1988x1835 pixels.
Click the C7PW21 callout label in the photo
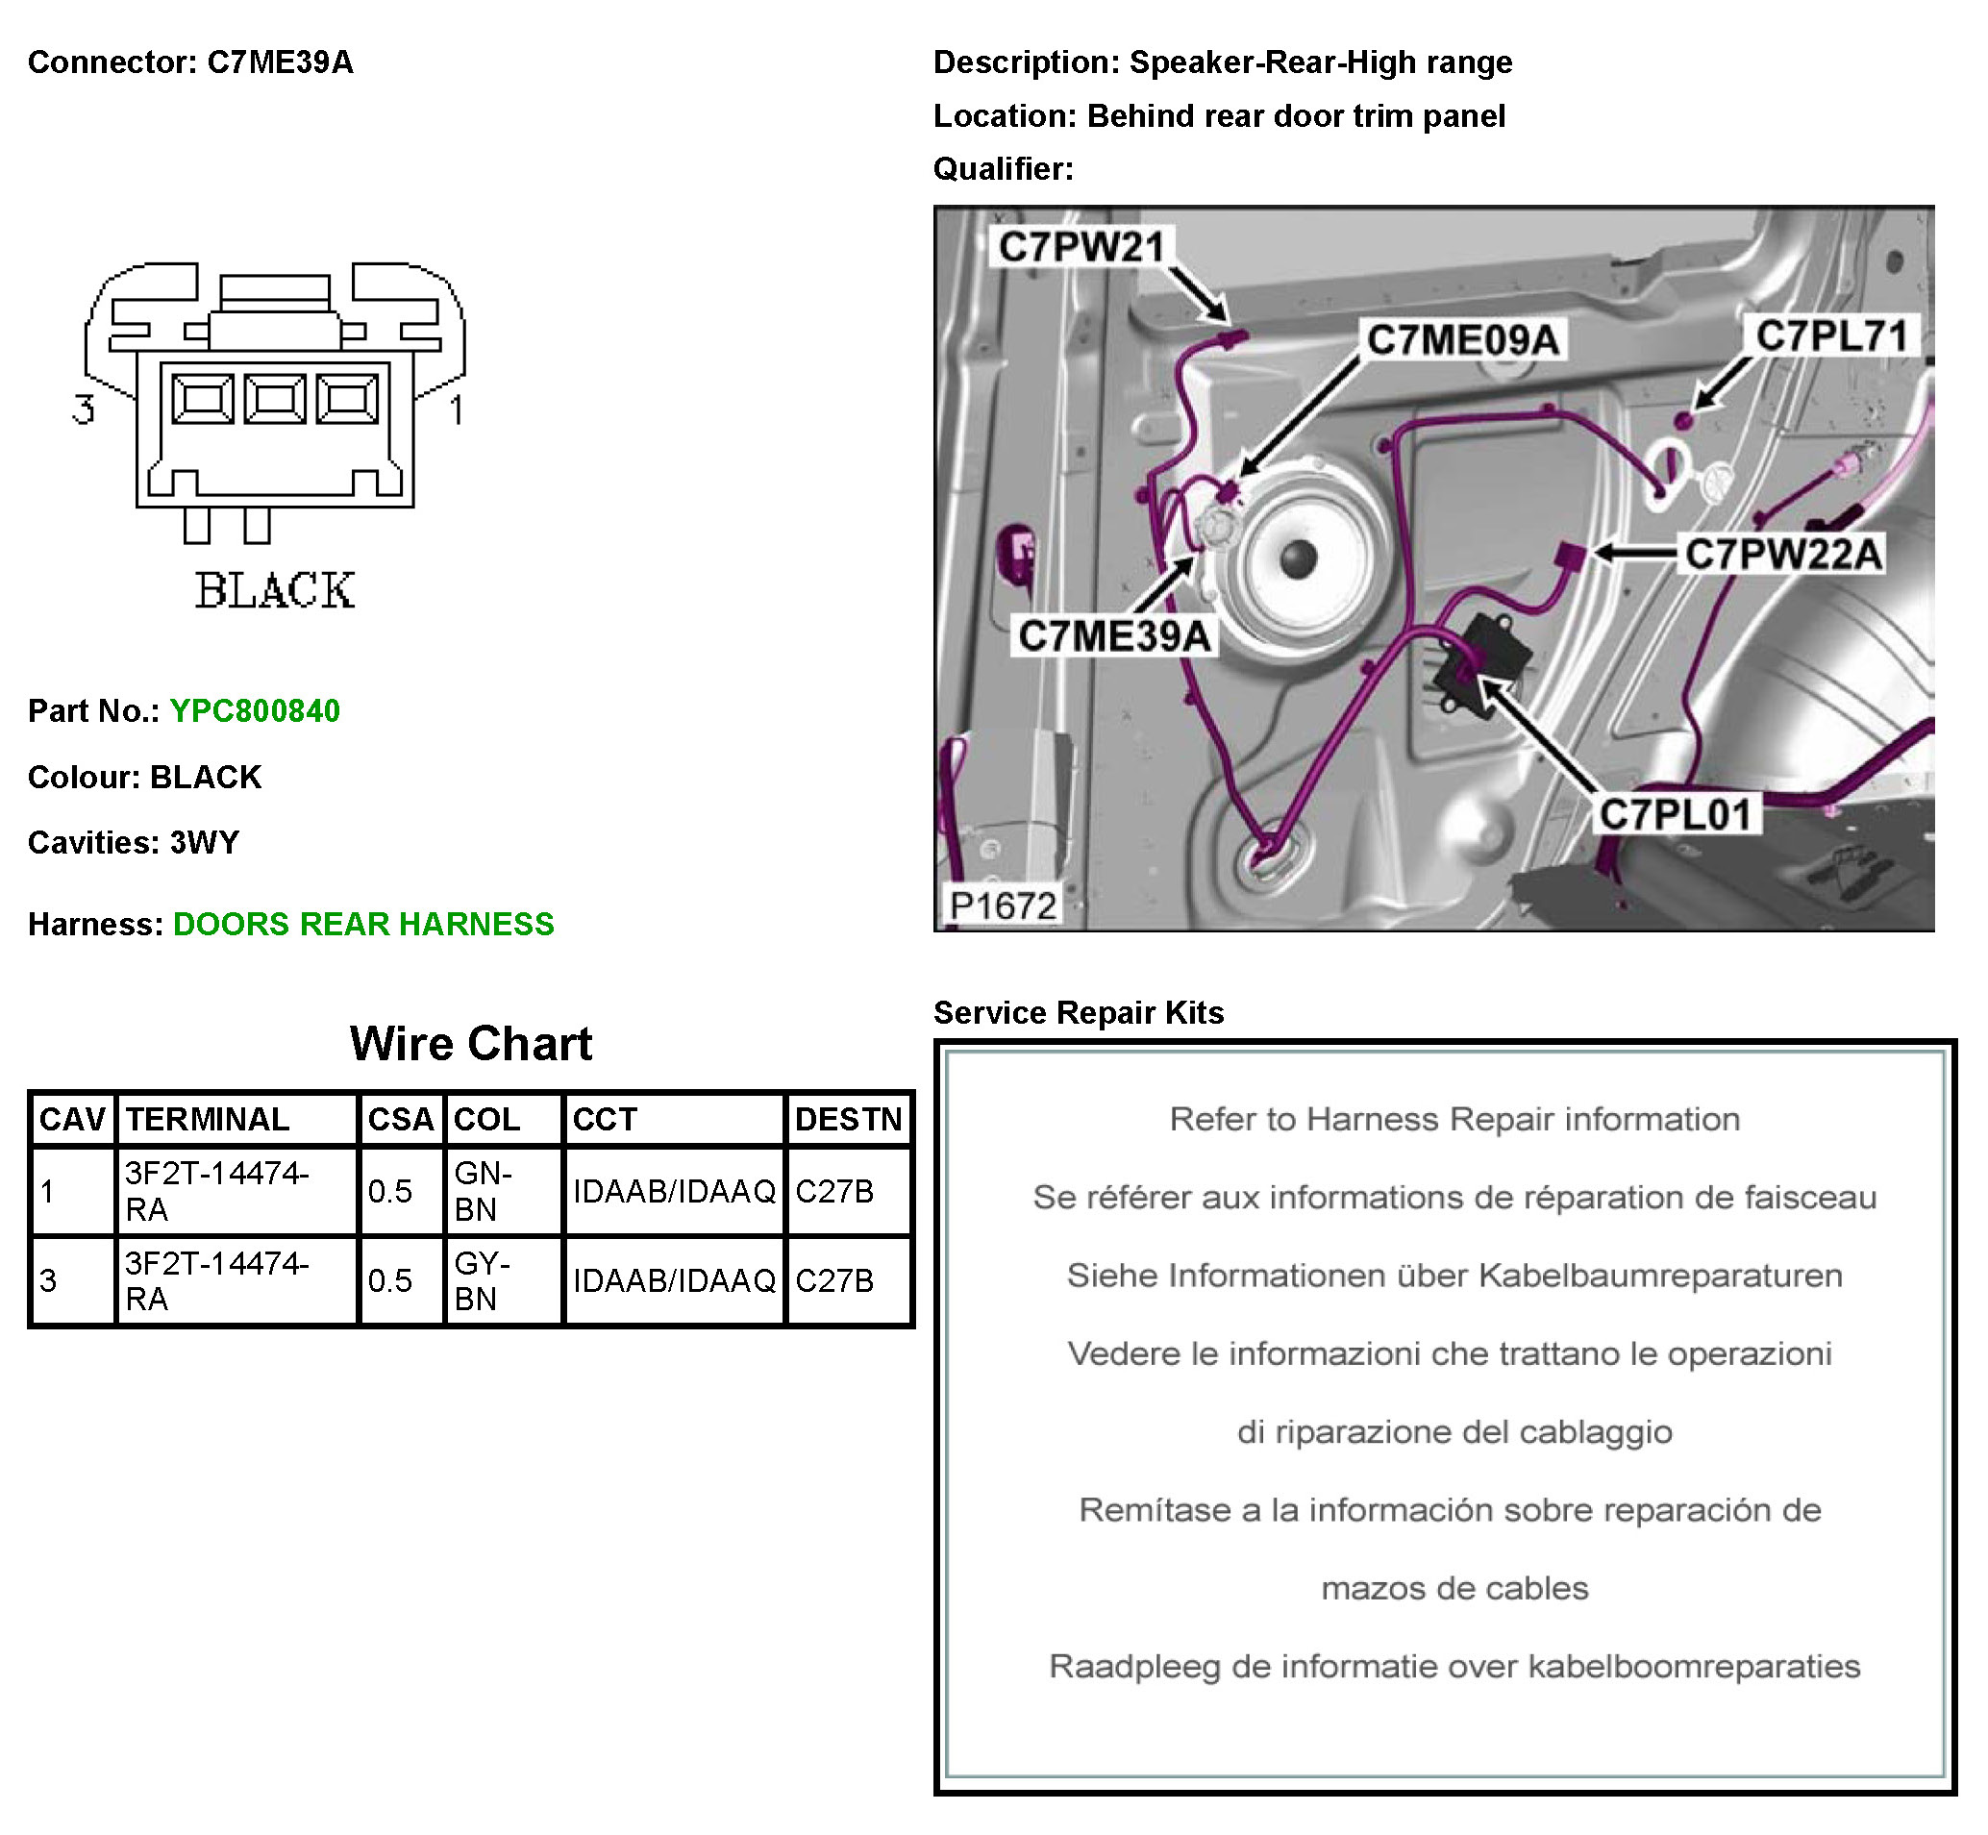[x=1081, y=246]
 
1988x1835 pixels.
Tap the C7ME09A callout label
[x=1462, y=339]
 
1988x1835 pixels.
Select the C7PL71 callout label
[x=1831, y=335]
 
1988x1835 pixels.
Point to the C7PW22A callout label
[x=1783, y=554]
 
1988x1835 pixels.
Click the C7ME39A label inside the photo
[x=1114, y=635]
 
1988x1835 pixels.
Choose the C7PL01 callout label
[x=1676, y=814]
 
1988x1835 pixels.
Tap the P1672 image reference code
[x=1002, y=905]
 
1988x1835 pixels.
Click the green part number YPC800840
[x=254, y=711]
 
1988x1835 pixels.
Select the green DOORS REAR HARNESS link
[x=363, y=925]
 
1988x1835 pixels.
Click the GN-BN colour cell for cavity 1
[x=483, y=1191]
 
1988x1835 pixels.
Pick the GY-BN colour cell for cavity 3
[x=483, y=1280]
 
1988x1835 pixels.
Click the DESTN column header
[x=848, y=1119]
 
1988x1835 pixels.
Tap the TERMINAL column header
[x=208, y=1119]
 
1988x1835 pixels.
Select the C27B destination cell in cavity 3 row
[x=834, y=1280]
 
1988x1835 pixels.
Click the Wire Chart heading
[x=471, y=1044]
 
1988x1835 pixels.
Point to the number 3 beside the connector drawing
[x=84, y=409]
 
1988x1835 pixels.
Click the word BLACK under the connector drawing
[x=274, y=591]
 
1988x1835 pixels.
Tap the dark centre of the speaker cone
[x=1298, y=559]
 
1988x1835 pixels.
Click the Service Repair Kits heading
[x=1079, y=1013]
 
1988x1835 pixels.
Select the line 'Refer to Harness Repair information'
[x=1454, y=1119]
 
